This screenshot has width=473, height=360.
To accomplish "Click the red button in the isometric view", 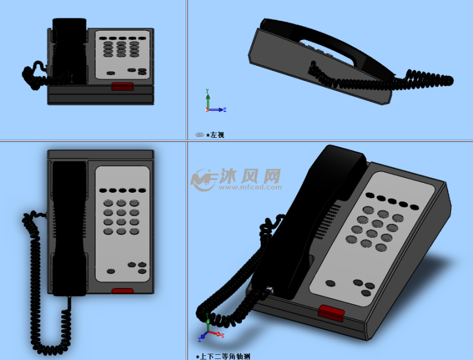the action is click(x=331, y=313).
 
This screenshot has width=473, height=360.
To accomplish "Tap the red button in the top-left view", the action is click(x=122, y=87).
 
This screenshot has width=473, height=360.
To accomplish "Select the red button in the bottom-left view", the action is click(x=122, y=291).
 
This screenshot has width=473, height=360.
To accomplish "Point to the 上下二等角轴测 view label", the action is click(x=226, y=357).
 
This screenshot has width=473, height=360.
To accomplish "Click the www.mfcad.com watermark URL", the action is click(x=250, y=187).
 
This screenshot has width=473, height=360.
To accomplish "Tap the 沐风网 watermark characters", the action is click(x=250, y=175).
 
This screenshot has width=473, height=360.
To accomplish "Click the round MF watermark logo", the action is click(x=204, y=180).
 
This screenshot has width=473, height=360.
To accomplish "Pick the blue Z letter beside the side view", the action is click(x=225, y=110).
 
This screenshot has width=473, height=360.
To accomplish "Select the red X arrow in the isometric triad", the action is click(x=216, y=333).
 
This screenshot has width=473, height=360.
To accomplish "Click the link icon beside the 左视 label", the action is click(x=200, y=134).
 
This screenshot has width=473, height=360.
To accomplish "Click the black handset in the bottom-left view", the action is click(x=69, y=226).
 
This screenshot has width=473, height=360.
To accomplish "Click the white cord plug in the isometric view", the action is click(x=269, y=291).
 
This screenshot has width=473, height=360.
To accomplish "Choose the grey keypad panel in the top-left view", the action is click(x=122, y=55).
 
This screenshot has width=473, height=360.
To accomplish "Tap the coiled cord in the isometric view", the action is click(x=235, y=287).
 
